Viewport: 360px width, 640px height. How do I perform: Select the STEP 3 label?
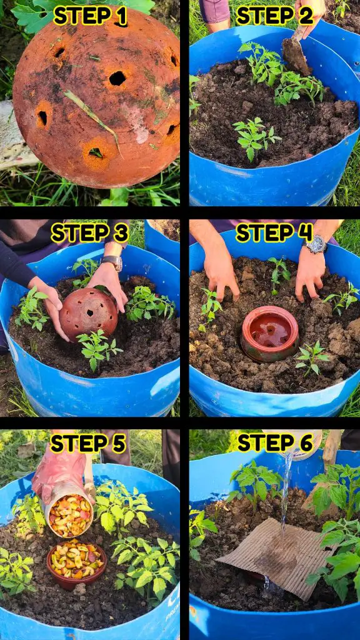click(x=90, y=233)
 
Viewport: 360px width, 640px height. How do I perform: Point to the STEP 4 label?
click(x=274, y=233)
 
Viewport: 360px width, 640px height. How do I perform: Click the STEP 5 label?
click(x=87, y=443)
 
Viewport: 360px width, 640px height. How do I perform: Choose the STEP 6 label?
click(x=276, y=442)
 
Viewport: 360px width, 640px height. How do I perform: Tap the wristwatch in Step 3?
click(x=112, y=262)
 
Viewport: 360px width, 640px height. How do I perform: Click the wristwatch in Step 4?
click(x=315, y=244)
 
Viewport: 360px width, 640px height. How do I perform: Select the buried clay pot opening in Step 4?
click(x=270, y=333)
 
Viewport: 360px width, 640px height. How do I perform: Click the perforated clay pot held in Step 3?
click(x=88, y=313)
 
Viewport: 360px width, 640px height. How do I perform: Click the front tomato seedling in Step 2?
click(x=256, y=137)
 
